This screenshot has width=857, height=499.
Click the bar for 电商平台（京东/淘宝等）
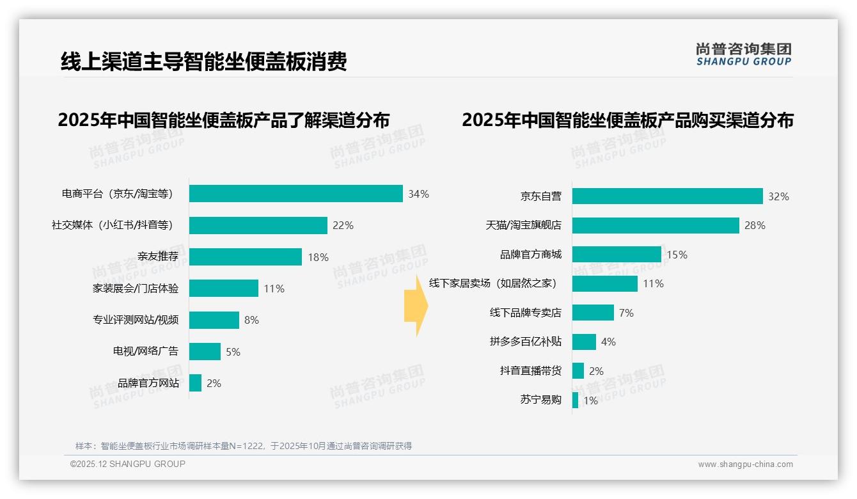point(295,194)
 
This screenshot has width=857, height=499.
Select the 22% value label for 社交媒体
point(343,225)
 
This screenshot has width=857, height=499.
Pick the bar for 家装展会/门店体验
point(224,289)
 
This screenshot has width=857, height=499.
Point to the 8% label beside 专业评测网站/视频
point(251,320)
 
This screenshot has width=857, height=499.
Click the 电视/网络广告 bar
point(205,352)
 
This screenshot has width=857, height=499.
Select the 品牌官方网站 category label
point(148,383)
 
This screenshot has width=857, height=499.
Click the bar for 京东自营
point(667,196)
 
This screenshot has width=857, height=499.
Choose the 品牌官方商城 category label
point(531,255)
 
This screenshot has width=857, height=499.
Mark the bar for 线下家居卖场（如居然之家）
point(604,283)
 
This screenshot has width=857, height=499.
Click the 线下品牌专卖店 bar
point(593,313)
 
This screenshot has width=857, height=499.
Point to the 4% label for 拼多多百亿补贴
point(608,342)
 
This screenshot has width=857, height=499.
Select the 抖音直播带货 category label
point(531,371)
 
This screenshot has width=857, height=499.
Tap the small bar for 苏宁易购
point(576,400)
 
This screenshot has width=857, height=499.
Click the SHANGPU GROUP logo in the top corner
point(743,54)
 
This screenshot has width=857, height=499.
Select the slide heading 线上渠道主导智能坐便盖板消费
point(204,62)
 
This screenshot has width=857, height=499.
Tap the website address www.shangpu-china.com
point(745,464)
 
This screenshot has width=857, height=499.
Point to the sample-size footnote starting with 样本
point(244,446)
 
